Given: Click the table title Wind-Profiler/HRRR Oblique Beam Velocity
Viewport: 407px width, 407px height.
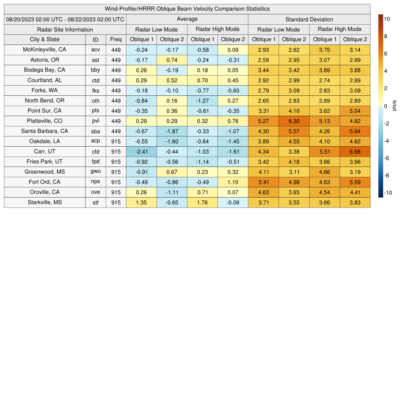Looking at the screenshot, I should [x=187, y=9].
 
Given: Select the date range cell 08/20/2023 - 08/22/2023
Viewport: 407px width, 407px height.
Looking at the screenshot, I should [x=65, y=19].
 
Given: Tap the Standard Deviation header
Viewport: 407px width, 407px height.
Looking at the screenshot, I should [x=309, y=19].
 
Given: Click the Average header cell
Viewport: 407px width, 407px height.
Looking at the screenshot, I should [x=187, y=19].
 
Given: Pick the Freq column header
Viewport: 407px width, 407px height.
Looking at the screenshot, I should [x=116, y=39].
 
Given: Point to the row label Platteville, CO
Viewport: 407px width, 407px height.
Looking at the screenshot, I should [x=45, y=121].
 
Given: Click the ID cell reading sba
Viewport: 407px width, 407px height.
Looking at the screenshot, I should [x=95, y=131].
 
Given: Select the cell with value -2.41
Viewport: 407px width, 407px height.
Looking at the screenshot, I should [x=141, y=151].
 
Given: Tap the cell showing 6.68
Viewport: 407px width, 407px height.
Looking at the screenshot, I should [x=355, y=151].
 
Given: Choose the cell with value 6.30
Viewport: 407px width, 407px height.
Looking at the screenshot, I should [x=294, y=121].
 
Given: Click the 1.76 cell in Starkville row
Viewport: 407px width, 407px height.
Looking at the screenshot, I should [x=202, y=202].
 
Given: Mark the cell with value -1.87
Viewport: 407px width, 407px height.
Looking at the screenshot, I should [x=172, y=131].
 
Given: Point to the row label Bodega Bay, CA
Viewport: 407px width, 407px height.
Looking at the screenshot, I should [x=45, y=70].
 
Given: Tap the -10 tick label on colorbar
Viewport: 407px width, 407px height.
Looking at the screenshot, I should [x=388, y=193].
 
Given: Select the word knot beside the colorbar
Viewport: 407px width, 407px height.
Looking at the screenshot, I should [x=394, y=106].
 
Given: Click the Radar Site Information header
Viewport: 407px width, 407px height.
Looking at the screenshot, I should [x=65, y=29].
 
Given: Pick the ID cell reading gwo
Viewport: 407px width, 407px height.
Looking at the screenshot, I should [x=95, y=172].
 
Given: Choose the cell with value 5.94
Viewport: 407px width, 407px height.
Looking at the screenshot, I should [x=355, y=131].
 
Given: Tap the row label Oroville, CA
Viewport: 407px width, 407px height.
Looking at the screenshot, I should [x=45, y=192].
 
